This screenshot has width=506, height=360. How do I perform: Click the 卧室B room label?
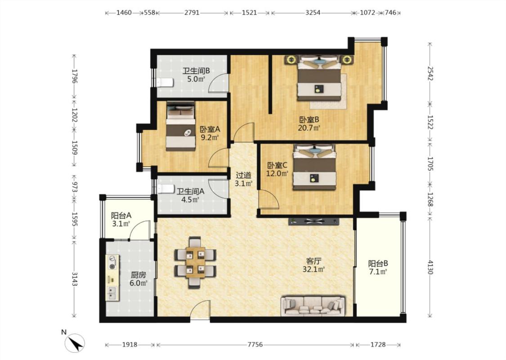click(x=309, y=120)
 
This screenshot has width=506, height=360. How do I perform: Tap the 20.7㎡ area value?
click(x=309, y=128)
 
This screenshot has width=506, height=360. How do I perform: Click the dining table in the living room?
click(x=195, y=262)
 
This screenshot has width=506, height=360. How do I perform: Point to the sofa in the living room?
click(x=313, y=306)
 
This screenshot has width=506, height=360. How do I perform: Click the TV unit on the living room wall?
click(x=314, y=221)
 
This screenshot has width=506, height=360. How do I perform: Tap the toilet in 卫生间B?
click(x=165, y=83)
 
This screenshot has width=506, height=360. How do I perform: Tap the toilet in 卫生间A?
click(x=165, y=189)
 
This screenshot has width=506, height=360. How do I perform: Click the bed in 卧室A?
click(x=181, y=126)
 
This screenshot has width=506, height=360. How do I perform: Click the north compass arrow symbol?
click(x=75, y=343)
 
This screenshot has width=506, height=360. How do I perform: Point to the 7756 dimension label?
click(x=255, y=345)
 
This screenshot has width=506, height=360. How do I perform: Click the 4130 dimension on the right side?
click(x=430, y=267)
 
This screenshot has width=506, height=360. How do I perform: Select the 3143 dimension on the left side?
click(x=75, y=279)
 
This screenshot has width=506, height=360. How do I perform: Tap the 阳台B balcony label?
click(x=378, y=263)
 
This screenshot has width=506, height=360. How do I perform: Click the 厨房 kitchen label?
click(x=138, y=275)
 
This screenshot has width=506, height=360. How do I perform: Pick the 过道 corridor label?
click(x=243, y=175)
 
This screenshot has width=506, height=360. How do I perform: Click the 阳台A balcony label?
click(x=121, y=216)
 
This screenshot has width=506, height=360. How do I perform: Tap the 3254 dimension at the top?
click(x=313, y=13)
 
